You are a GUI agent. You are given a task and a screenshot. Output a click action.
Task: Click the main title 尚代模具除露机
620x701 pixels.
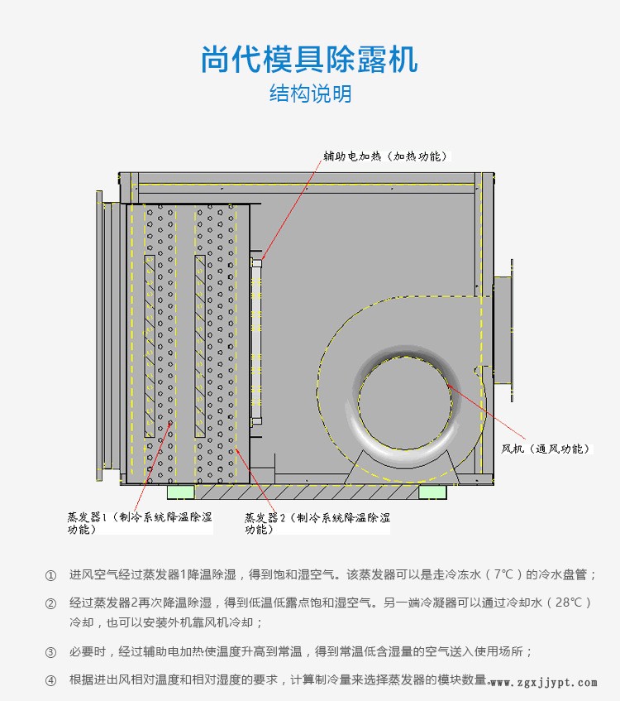click(309, 60)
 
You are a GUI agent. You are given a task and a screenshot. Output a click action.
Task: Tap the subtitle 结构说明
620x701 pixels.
click(311, 94)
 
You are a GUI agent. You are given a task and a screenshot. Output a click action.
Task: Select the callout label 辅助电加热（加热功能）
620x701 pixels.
click(385, 156)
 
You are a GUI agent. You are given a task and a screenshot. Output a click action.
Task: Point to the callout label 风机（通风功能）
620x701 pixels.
click(546, 449)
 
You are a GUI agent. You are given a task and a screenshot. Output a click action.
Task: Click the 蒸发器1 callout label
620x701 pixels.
click(140, 522)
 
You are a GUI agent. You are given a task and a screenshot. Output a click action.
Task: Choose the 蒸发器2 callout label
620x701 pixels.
click(317, 523)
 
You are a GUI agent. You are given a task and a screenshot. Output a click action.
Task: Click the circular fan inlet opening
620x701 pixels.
click(405, 402)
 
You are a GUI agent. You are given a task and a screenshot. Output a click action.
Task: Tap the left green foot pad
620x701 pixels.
click(181, 492)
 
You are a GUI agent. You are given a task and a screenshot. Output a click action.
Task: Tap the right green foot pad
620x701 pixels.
click(432, 492)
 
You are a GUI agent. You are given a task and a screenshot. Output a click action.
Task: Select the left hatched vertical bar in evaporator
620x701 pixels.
click(150, 346)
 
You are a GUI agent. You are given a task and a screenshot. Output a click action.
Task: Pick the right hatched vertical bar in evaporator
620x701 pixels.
click(200, 346)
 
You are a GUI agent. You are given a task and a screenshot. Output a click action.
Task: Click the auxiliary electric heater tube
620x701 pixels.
click(256, 341)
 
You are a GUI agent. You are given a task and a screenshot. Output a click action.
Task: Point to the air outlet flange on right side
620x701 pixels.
click(504, 330)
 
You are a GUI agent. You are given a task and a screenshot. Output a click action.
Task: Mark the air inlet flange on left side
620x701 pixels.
click(108, 336)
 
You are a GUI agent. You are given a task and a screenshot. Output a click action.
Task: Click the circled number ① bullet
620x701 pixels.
click(50, 575)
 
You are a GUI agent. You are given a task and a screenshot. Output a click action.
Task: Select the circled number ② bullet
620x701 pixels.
click(50, 603)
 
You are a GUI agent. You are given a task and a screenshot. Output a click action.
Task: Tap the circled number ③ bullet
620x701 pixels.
click(50, 652)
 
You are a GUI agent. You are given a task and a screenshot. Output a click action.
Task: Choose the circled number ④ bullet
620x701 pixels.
click(50, 681)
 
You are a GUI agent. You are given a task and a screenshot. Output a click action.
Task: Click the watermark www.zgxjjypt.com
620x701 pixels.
click(544, 683)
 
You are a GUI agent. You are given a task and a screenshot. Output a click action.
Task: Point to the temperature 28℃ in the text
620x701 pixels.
click(569, 603)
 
